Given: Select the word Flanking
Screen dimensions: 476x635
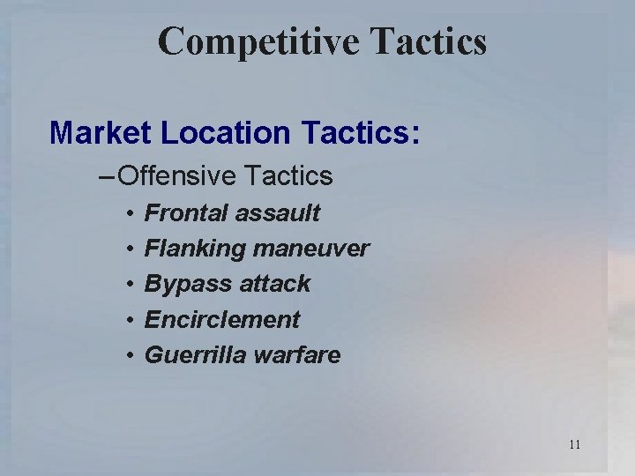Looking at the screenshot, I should coord(194,249).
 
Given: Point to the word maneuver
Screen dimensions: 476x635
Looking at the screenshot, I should coord(311,249).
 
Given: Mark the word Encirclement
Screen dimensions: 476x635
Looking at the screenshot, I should coord(222,319).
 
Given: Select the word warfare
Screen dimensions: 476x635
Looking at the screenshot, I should coord(294,355).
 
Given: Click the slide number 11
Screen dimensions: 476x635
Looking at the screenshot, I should coord(574,444).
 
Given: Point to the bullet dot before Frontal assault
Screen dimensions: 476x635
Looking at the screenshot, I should coord(128,214).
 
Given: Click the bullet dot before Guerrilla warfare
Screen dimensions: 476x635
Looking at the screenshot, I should coord(128,356).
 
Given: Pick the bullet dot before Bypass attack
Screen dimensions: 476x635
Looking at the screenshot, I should coord(128,285).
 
